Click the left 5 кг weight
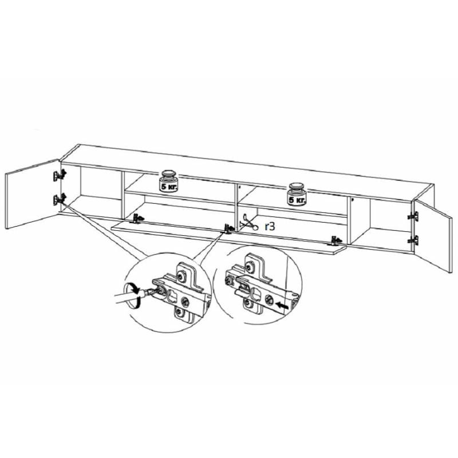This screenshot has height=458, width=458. pos(168,181)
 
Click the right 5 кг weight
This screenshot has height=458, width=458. pos(297,194)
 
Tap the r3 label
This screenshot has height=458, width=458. pos(270,226)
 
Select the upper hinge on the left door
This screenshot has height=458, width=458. pos(60,175)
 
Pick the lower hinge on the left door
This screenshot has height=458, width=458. pos(60,199)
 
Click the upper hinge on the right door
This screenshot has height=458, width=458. pos(413,216)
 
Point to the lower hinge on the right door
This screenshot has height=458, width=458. pos(413,240)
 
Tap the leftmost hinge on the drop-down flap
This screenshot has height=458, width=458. pos(138,219)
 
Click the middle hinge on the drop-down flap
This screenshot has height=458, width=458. pos(228,228)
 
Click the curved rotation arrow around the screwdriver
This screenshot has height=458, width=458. pos(132,295)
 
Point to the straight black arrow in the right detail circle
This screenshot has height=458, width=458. pos(281,306)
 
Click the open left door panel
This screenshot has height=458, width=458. pos(32,194)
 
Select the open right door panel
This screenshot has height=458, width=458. pos(433,236)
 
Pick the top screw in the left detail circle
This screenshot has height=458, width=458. pos(181,276)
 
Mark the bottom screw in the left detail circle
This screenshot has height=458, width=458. pos(179,313)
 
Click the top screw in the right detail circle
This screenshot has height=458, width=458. pos(249,266)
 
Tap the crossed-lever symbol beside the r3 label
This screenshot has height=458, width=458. pos(248,223)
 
